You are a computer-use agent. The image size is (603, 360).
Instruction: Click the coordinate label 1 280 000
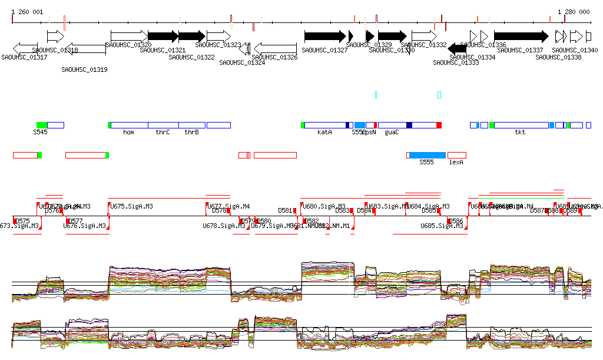(574, 12)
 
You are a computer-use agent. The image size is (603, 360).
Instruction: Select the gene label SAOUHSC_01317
(24, 57)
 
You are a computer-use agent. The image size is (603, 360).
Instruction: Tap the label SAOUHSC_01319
(84, 70)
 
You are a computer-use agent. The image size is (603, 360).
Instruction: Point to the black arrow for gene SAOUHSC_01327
(324, 36)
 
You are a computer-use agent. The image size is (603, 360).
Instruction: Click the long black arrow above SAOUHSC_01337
(521, 36)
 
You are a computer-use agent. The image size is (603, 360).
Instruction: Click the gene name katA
(324, 133)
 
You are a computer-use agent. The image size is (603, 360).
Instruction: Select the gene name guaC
(392, 133)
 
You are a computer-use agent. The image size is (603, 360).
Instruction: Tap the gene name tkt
(520, 133)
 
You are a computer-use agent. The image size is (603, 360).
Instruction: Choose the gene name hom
(128, 133)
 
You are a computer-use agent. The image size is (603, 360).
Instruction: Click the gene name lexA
(456, 162)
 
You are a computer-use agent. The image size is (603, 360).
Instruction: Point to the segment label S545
(40, 133)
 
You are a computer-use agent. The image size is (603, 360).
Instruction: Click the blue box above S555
(428, 155)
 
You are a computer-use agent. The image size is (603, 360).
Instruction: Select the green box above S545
(42, 125)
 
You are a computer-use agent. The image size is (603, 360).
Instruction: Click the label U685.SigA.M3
(442, 226)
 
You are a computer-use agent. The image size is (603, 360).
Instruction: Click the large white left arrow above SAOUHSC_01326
(275, 48)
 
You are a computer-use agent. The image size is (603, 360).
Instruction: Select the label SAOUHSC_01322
(191, 57)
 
